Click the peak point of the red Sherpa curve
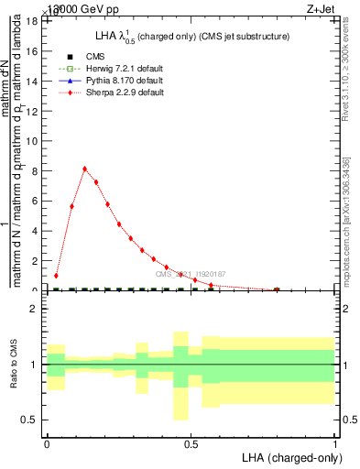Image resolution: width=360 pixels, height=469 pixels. [84, 169]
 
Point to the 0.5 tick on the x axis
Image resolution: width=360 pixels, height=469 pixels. [191, 442]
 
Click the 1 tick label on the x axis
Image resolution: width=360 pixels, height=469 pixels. [334, 442]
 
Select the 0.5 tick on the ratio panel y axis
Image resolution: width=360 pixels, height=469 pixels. [33, 420]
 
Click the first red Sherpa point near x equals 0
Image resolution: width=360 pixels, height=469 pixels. [56, 276]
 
